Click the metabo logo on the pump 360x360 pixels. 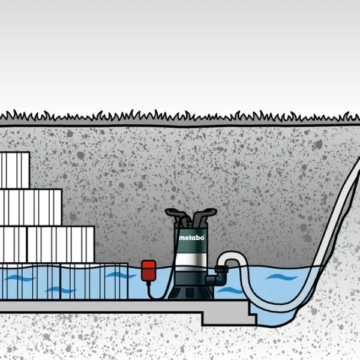click(191, 238)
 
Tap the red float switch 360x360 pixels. click(146, 269)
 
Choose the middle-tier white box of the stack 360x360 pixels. click(30, 208)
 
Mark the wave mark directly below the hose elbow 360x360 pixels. click(229, 291)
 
